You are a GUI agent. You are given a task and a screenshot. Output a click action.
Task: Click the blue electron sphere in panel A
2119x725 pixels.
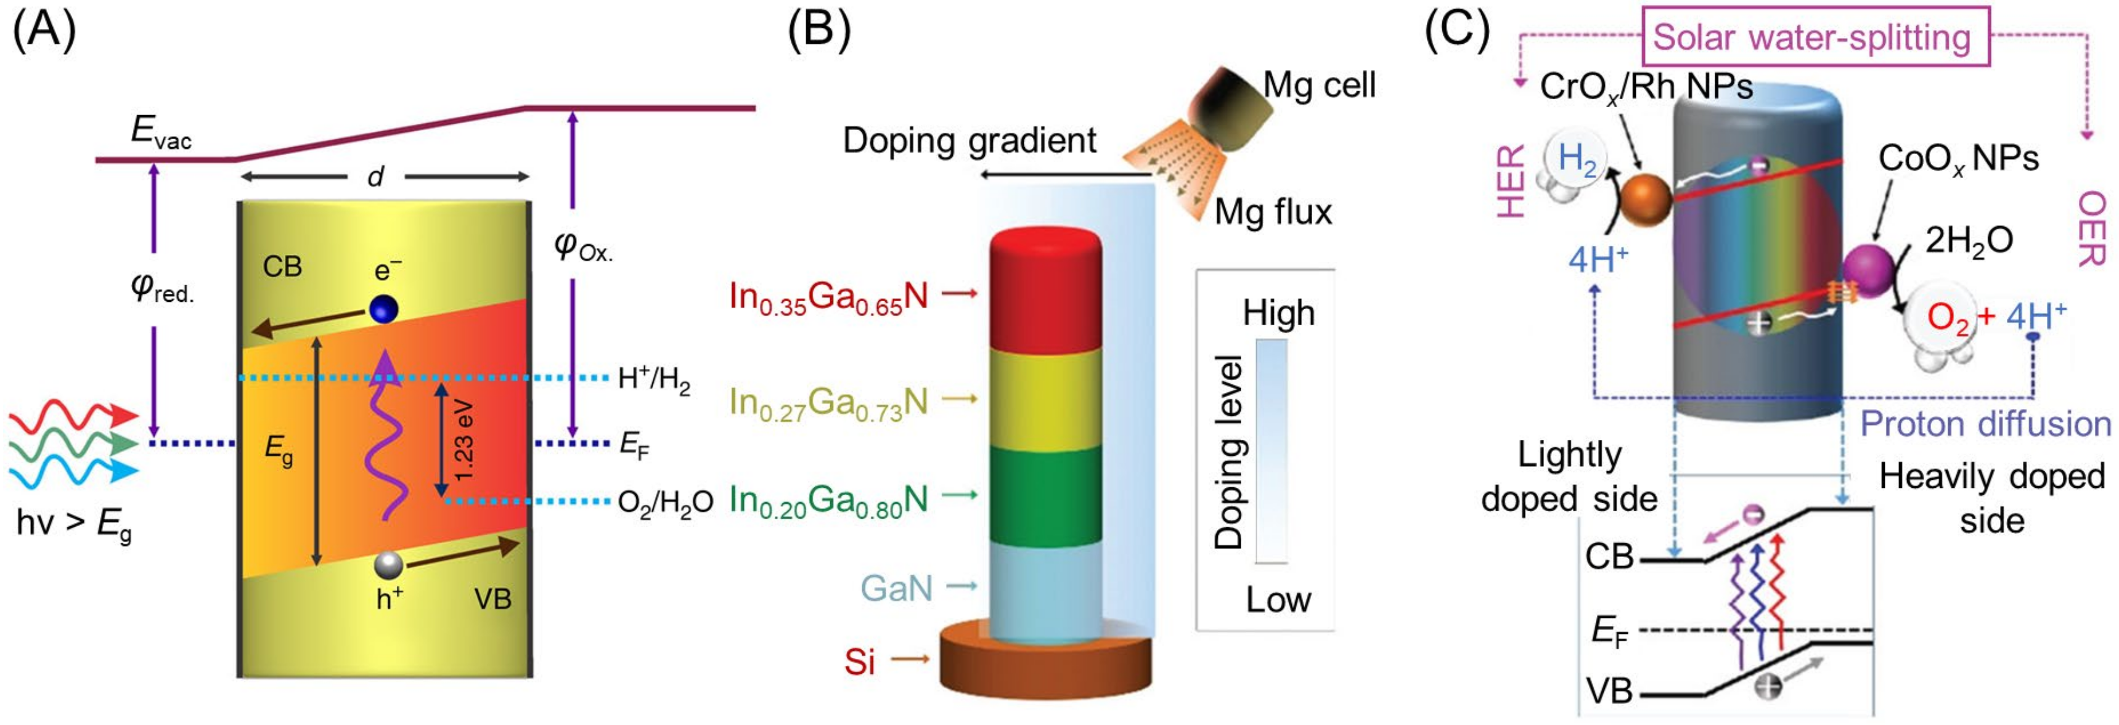(384, 309)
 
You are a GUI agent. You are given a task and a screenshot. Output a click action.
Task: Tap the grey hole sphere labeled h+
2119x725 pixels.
(388, 565)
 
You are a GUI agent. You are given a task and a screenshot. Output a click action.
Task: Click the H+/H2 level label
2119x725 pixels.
(654, 380)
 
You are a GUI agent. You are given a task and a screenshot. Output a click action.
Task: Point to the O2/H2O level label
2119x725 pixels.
(664, 502)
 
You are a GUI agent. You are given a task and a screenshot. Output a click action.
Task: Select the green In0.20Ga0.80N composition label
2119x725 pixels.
(828, 500)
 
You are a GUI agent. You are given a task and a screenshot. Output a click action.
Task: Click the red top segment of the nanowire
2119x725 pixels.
(1045, 292)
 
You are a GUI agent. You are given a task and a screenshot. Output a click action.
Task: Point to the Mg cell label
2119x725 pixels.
(1318, 84)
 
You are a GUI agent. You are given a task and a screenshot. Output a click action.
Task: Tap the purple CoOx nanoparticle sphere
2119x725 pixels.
(1868, 267)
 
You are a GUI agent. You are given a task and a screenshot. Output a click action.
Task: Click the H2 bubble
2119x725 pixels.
(1574, 159)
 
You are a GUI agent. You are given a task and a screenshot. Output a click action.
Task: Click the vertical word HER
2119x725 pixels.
(1511, 181)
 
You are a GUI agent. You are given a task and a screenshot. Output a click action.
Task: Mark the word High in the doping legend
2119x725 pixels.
(1278, 313)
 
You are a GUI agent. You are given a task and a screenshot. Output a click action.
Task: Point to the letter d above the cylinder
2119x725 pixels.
(376, 176)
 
